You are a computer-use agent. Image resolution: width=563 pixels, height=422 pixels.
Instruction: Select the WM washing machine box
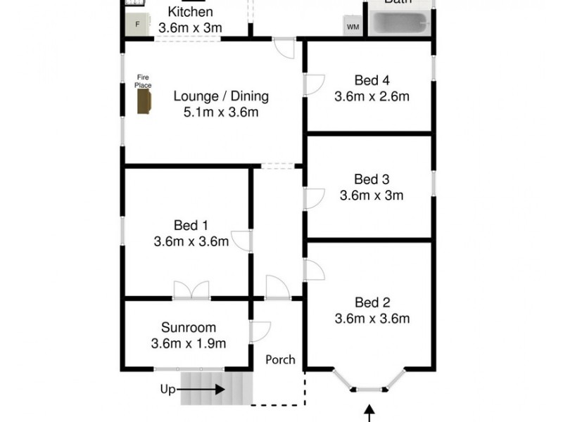click(353, 27)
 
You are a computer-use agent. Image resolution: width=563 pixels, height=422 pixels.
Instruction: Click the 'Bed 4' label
click(371, 79)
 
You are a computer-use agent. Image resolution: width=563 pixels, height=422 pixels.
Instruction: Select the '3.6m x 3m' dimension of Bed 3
click(371, 196)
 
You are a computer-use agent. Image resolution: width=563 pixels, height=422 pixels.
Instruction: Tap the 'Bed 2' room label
click(372, 302)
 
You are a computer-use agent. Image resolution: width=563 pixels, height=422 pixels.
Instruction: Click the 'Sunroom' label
click(188, 327)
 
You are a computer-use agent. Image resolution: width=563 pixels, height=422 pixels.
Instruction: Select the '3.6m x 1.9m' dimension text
click(188, 344)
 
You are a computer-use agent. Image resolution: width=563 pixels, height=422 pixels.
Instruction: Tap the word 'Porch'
click(279, 359)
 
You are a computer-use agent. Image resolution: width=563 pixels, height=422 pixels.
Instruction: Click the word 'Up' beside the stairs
click(167, 388)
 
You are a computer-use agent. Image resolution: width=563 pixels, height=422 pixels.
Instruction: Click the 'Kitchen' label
click(190, 12)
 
